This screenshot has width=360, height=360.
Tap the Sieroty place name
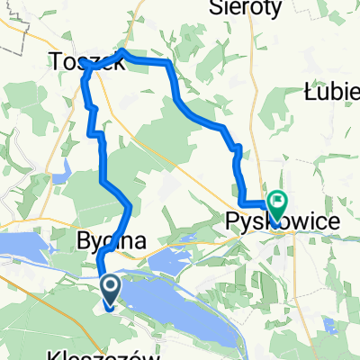point(245,7)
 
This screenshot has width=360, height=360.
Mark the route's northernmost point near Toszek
point(122,53)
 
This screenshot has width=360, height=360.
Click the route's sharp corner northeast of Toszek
point(169,63)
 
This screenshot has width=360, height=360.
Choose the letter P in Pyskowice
point(232,220)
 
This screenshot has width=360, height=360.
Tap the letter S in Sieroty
point(215,7)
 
